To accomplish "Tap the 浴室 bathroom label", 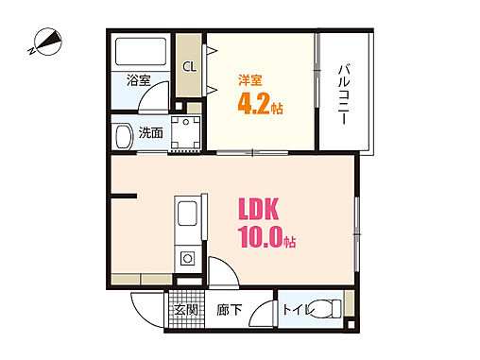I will [138, 80].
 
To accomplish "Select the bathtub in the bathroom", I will [141, 51].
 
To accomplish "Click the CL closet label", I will [189, 66].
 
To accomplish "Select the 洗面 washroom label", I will [150, 133].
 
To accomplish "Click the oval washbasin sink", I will [122, 135].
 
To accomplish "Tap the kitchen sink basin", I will [185, 218].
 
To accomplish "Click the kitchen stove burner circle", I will [186, 257].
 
